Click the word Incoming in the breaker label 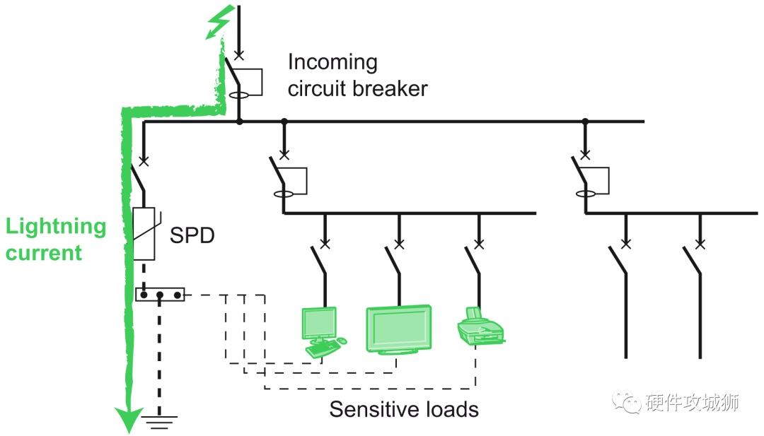coord(332,62)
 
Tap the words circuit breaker coord(358,89)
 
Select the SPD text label coord(191,235)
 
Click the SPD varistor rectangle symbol coord(144,234)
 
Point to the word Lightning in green coord(57,227)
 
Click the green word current coord(45,252)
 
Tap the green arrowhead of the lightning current coord(127,420)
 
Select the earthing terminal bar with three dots coord(160,294)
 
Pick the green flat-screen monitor coord(398,329)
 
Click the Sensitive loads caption coord(404,409)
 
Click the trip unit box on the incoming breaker coord(252,82)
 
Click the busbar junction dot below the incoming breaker coord(239,122)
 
